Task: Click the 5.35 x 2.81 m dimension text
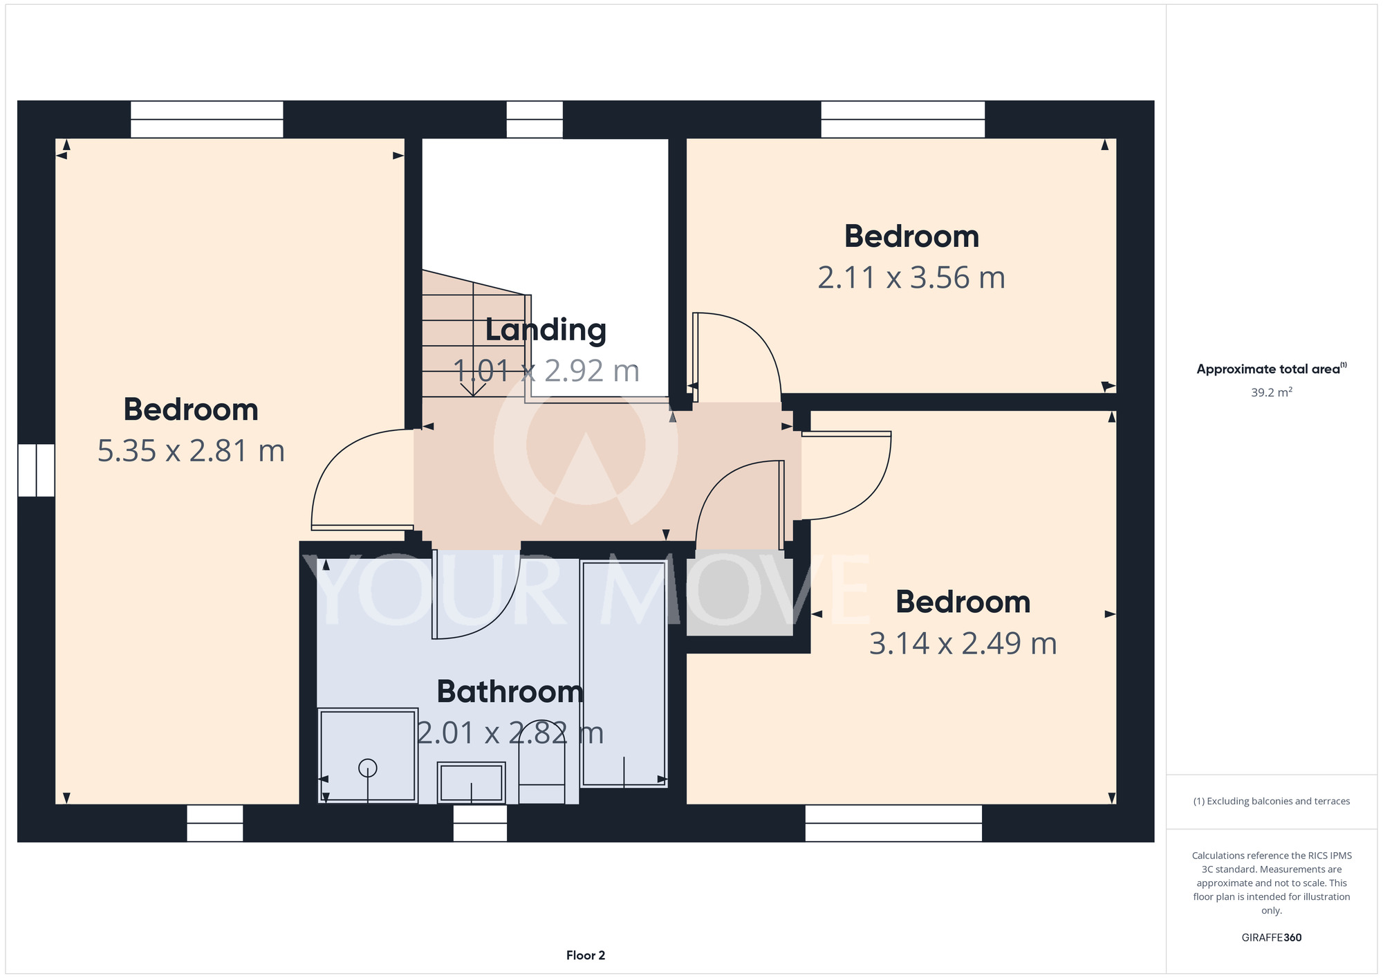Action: (x=191, y=451)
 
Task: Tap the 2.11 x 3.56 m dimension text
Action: (x=911, y=278)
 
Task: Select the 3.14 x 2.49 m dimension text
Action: (x=963, y=643)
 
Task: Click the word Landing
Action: (x=546, y=330)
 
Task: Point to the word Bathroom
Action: (x=510, y=692)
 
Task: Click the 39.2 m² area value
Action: (x=1272, y=392)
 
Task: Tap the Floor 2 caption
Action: (x=586, y=955)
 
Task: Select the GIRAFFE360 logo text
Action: (x=1272, y=938)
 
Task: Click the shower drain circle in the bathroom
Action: (x=367, y=768)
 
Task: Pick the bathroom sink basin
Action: (x=471, y=782)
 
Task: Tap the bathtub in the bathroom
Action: (x=624, y=674)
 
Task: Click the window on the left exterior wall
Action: (x=36, y=470)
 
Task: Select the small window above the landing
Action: (x=535, y=120)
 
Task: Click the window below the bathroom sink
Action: (x=480, y=823)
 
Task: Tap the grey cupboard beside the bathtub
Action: (x=739, y=593)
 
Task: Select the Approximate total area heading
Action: (x=1268, y=369)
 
